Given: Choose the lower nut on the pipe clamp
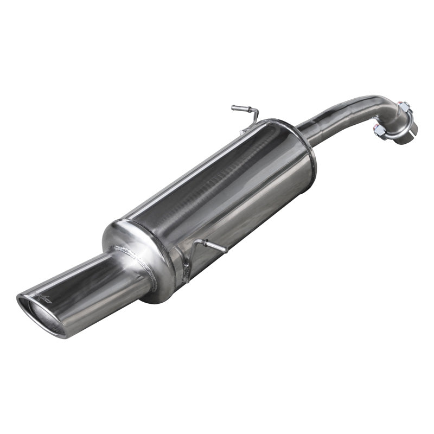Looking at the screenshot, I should (x=380, y=130).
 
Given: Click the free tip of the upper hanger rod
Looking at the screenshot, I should (x=234, y=108).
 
